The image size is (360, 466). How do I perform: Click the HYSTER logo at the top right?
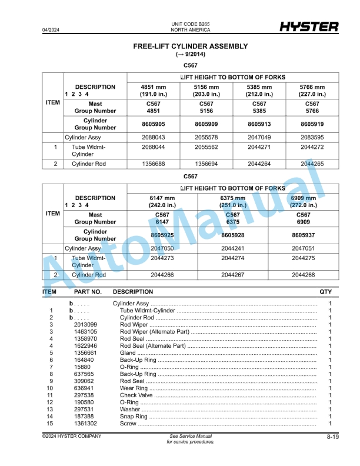309,27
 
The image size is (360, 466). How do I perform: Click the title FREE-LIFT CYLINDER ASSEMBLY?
191,46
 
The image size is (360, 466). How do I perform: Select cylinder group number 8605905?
154,124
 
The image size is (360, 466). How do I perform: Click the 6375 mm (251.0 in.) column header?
233,201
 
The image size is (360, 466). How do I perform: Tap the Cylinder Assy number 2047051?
304,248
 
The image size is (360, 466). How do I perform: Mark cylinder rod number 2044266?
163,275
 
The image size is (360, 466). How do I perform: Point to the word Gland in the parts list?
128,353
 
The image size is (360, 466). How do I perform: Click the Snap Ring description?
134,417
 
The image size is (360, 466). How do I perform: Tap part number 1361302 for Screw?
86,424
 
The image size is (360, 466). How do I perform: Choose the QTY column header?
325,292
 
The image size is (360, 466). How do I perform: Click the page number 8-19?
332,437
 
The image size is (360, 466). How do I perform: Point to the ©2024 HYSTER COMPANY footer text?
71,436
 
